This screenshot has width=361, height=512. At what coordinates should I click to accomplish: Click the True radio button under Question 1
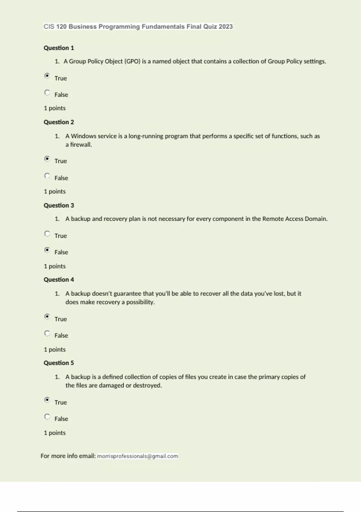pyautogui.click(x=47, y=76)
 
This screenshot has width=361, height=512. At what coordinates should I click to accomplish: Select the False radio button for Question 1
pyautogui.click(x=47, y=92)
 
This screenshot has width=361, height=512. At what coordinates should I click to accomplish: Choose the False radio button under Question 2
pyautogui.click(x=47, y=176)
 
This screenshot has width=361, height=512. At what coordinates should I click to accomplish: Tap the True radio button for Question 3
pyautogui.click(x=47, y=234)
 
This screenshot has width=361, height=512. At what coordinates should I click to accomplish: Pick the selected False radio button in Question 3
pyautogui.click(x=47, y=250)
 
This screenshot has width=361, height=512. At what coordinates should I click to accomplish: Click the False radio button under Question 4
pyautogui.click(x=47, y=333)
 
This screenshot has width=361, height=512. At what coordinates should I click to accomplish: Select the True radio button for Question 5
pyautogui.click(x=47, y=400)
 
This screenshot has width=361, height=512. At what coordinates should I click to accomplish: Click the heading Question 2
pyautogui.click(x=59, y=122)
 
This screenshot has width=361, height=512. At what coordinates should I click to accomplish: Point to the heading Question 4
pyautogui.click(x=59, y=279)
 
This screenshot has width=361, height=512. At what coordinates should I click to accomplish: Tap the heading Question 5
pyautogui.click(x=59, y=363)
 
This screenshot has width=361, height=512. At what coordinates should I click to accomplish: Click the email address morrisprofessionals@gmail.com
pyautogui.click(x=137, y=456)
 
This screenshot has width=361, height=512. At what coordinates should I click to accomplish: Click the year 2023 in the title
pyautogui.click(x=226, y=27)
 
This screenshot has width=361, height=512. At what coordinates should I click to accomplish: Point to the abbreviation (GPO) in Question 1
pyautogui.click(x=132, y=61)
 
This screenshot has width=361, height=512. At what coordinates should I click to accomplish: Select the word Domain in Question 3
pyautogui.click(x=316, y=219)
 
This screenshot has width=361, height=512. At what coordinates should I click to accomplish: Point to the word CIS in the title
pyautogui.click(x=49, y=27)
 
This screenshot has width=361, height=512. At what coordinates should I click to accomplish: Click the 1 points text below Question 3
pyautogui.click(x=55, y=266)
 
